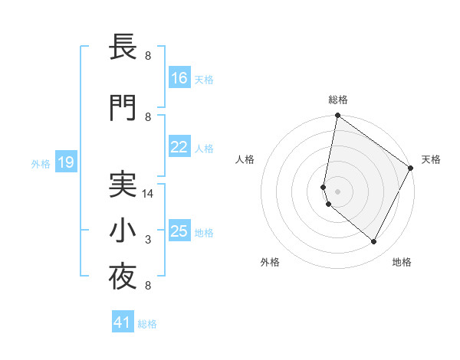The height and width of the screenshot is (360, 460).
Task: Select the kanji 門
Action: tap(123, 109)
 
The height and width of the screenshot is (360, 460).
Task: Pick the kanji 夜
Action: tap(123, 279)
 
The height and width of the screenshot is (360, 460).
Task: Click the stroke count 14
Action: tap(149, 194)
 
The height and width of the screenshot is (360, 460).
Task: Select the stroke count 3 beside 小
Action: tap(148, 241)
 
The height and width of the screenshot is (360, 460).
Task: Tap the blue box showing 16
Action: tap(179, 78)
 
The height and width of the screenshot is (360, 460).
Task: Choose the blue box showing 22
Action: tap(179, 147)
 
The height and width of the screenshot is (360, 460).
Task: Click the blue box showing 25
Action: tap(179, 231)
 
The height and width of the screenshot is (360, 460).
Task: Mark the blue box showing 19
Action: tap(65, 162)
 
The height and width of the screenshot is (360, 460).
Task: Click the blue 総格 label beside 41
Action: tap(147, 324)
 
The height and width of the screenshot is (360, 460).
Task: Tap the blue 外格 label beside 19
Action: tap(40, 163)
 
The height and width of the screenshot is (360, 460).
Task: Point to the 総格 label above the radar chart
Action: tap(338, 100)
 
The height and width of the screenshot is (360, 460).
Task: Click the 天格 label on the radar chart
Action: tap(431, 159)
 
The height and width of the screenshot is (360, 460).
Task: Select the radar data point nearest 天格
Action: tap(411, 169)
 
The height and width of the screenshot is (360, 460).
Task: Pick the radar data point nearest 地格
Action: tap(374, 242)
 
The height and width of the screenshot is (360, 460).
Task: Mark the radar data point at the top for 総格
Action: tap(337, 116)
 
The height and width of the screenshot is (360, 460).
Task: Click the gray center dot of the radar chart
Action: tap(337, 191)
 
